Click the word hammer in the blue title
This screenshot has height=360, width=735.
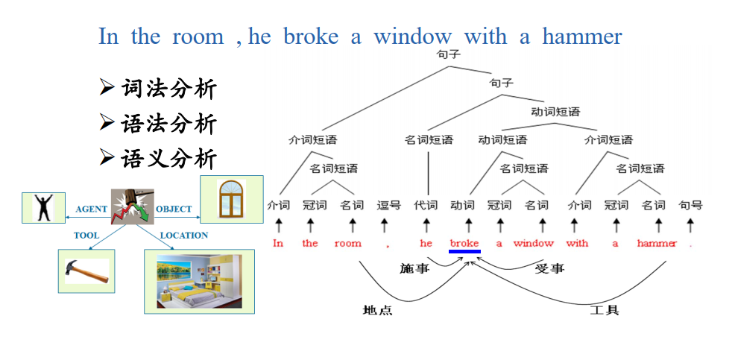(x=582, y=37)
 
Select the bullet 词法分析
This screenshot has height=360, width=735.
(x=159, y=88)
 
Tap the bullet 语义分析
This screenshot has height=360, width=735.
(x=159, y=159)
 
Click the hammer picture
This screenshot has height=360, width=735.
(x=86, y=271)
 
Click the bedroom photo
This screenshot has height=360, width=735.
(x=199, y=281)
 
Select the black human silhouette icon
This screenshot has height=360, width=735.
(x=43, y=208)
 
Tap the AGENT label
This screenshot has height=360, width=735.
(x=92, y=209)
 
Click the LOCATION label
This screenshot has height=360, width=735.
(x=184, y=236)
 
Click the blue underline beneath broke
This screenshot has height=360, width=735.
(x=464, y=252)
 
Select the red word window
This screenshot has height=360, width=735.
(x=534, y=243)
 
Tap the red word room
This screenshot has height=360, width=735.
(x=348, y=243)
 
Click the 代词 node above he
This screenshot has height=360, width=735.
(x=426, y=205)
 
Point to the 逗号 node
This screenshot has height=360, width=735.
(x=389, y=205)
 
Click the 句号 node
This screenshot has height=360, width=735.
(x=691, y=205)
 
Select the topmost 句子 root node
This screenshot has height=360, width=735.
(x=449, y=55)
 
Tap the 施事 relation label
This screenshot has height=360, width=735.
(x=415, y=268)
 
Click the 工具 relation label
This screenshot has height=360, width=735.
(x=605, y=310)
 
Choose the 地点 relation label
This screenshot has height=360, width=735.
(x=377, y=310)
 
